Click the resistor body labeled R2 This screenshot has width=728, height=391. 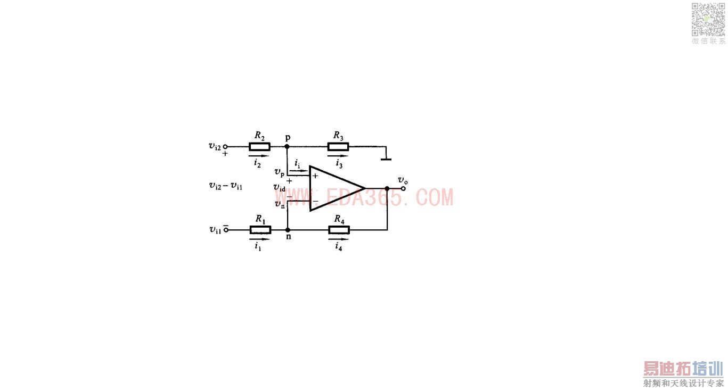(x=260, y=147)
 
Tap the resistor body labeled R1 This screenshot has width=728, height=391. (x=260, y=230)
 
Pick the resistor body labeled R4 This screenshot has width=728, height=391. (x=339, y=230)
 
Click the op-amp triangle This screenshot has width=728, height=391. (x=333, y=188)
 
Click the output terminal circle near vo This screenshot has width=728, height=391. (x=404, y=188)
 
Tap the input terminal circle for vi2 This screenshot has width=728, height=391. (x=225, y=147)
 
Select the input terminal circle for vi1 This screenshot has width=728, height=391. (x=225, y=230)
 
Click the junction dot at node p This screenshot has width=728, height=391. (x=287, y=147)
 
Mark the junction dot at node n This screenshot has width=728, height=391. (x=288, y=230)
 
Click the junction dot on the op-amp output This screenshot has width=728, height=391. (x=387, y=188)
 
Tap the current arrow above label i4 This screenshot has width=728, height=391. (x=339, y=239)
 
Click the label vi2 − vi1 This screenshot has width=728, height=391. (x=226, y=186)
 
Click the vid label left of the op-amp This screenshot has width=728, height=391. (x=280, y=188)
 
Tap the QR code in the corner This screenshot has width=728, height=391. (x=708, y=19)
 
